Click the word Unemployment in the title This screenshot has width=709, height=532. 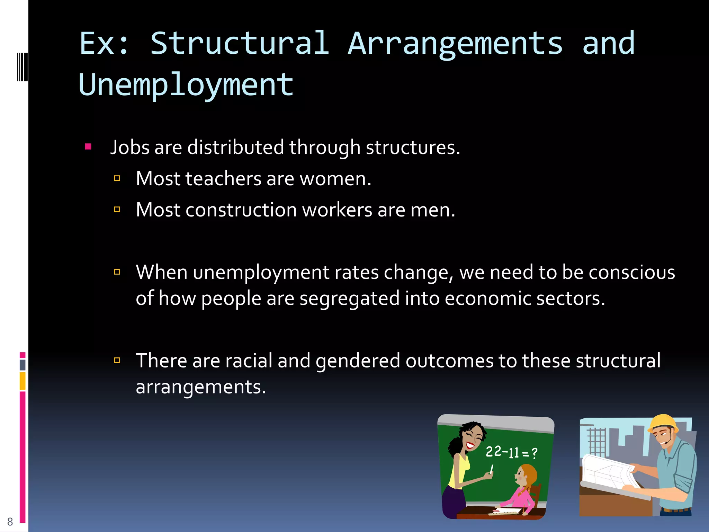pyautogui.click(x=186, y=85)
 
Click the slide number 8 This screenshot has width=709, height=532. pyautogui.click(x=10, y=521)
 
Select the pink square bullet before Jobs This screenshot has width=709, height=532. pyautogui.click(x=88, y=147)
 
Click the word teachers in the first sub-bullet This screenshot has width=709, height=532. pyautogui.click(x=223, y=179)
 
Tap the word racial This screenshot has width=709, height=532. pyautogui.click(x=249, y=361)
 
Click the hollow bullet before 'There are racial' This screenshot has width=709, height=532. pyautogui.click(x=117, y=360)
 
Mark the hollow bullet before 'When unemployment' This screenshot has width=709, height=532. pyautogui.click(x=117, y=272)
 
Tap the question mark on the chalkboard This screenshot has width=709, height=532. pyautogui.click(x=534, y=453)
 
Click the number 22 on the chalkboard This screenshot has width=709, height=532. pyautogui.click(x=493, y=451)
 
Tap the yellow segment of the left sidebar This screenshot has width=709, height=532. pyautogui.click(x=23, y=381)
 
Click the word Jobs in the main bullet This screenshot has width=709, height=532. pyautogui.click(x=129, y=148)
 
